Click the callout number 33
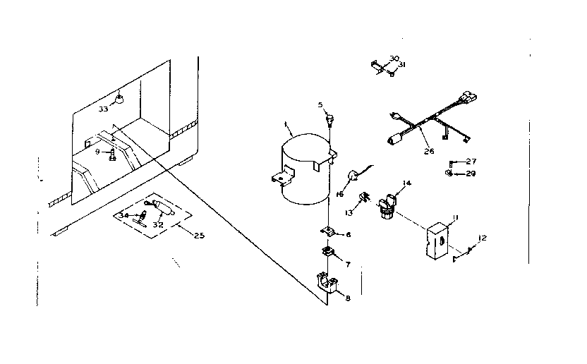point(103,109)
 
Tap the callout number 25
point(198,235)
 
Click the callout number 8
point(347,298)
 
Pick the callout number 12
point(483,238)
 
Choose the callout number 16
point(339,194)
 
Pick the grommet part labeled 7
point(329,252)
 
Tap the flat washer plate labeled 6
point(328,231)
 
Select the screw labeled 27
point(452,163)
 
